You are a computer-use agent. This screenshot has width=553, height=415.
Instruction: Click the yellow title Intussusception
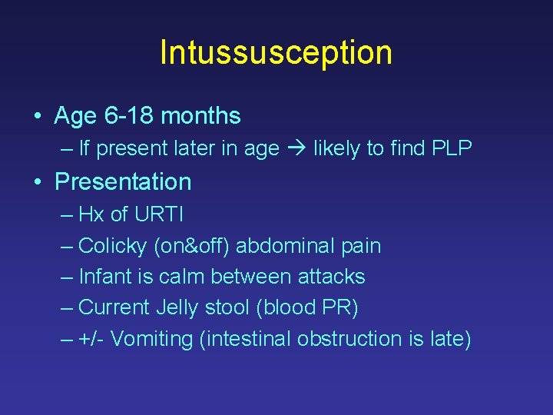pyautogui.click(x=276, y=52)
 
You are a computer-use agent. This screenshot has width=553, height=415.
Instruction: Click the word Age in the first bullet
pyautogui.click(x=75, y=117)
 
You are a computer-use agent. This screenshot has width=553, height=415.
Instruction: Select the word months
pyautogui.click(x=201, y=116)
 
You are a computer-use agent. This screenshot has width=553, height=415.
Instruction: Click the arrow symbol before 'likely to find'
pyautogui.click(x=296, y=149)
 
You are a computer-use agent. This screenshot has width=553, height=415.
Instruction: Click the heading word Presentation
pyautogui.click(x=123, y=182)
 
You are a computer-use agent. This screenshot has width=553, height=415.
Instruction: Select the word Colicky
pyautogui.click(x=114, y=246)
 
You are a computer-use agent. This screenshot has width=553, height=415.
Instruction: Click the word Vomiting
pyautogui.click(x=151, y=339)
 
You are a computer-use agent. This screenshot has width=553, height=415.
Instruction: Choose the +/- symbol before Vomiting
pyautogui.click(x=91, y=339)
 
